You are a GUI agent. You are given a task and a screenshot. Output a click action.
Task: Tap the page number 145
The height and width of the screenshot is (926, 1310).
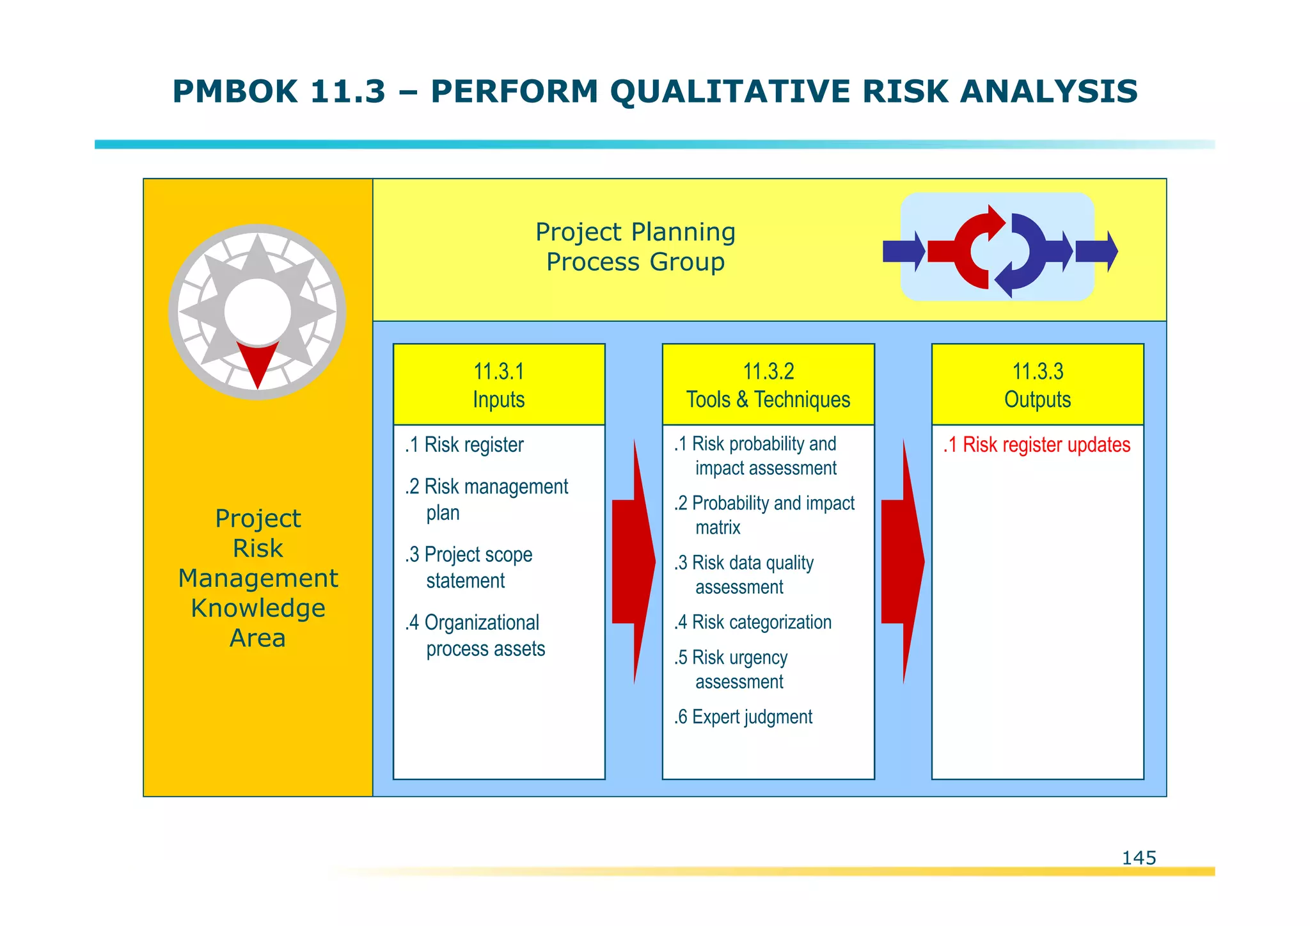1139,858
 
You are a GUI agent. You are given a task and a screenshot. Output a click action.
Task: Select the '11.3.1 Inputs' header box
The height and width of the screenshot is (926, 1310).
499,385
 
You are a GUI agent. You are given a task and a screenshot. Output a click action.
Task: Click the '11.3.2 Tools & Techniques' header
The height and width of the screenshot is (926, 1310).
768,385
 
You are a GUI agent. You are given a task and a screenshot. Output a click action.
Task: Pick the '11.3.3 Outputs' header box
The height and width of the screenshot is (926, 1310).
1038,385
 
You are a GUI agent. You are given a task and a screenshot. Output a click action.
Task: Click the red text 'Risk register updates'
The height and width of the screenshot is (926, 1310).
1046,445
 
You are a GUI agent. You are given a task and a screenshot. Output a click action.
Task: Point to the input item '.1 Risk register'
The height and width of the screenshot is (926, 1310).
464,445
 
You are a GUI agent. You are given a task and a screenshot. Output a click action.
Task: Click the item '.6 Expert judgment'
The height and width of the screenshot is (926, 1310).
743,717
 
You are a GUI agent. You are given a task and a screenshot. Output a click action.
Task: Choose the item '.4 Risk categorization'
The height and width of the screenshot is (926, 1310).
753,622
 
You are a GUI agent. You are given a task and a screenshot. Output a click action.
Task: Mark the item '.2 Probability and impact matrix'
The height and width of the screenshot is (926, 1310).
764,515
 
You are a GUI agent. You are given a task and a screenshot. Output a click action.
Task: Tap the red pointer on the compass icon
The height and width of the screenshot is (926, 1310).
257,360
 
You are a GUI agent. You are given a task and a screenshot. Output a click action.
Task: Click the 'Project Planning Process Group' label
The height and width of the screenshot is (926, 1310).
635,247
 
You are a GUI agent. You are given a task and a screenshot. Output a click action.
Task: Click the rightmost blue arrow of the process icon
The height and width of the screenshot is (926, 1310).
1096,251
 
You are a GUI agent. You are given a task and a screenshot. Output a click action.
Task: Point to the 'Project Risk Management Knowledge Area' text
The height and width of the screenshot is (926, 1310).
258,577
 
